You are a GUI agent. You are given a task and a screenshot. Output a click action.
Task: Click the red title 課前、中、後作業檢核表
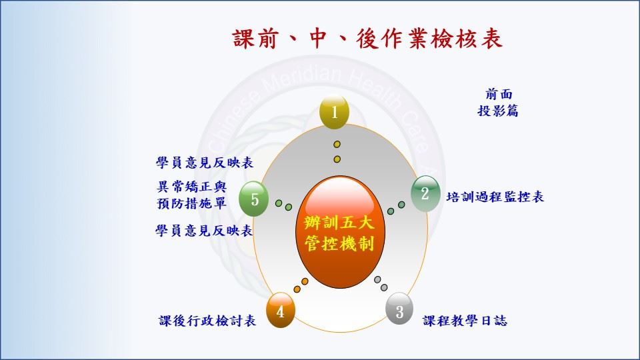pos(367,39)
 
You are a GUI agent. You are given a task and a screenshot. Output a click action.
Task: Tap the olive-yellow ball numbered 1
pos(334,112)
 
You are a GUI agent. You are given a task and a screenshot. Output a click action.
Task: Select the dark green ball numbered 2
pos(425,193)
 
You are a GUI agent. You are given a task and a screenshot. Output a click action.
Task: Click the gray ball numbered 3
pos(399,309)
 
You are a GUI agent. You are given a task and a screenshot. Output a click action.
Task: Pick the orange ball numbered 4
pos(281,310)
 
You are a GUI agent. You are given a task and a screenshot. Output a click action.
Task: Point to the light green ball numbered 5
pos(253,199)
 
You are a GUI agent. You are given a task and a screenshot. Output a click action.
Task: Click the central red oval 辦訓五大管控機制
pos(340,232)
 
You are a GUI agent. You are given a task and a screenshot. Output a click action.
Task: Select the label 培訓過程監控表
pos(495,197)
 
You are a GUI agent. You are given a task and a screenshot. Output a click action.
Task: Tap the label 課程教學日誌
pos(465,321)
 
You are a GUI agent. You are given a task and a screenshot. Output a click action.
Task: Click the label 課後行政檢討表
pos(207,321)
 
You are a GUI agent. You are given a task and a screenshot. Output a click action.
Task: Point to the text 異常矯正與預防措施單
pos(191,195)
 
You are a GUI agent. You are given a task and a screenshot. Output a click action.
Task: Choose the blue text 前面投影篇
pos(498,102)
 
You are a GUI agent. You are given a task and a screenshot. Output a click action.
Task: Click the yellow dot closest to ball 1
pos(337,145)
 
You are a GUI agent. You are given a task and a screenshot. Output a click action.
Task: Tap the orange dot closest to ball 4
pos(297,289)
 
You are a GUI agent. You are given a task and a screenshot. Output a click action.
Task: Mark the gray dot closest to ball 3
pos(384,287)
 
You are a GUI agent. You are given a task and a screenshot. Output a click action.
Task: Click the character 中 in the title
pos(317,39)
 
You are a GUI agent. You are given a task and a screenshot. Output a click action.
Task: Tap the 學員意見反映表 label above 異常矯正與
pos(205,163)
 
